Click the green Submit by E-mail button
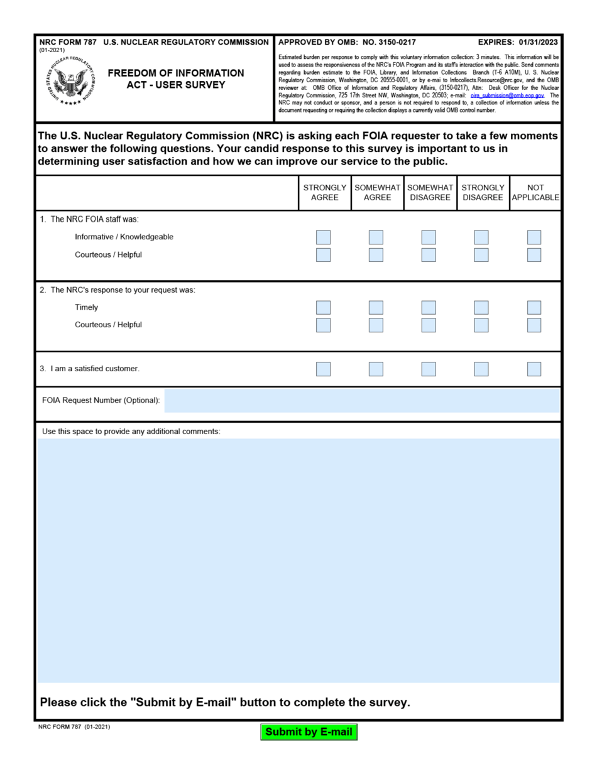pos(309,732)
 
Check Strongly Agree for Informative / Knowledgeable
pos(323,237)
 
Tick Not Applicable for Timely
pos(534,308)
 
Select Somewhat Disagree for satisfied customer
pos(429,369)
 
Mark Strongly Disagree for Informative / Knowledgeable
pos(481,237)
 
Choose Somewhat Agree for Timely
pos(376,308)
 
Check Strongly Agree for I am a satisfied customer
pos(323,369)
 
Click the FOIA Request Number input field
pos(361,401)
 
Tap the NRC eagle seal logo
pos(73,82)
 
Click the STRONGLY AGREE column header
pos(324,192)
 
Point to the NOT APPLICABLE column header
pos(535,192)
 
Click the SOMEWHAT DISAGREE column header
pos(430,192)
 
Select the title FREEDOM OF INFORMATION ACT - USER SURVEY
pos(176,79)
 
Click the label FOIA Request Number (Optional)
pos(101,401)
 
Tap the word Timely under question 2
pos(86,308)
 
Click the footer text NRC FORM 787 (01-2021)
pos(74,727)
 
